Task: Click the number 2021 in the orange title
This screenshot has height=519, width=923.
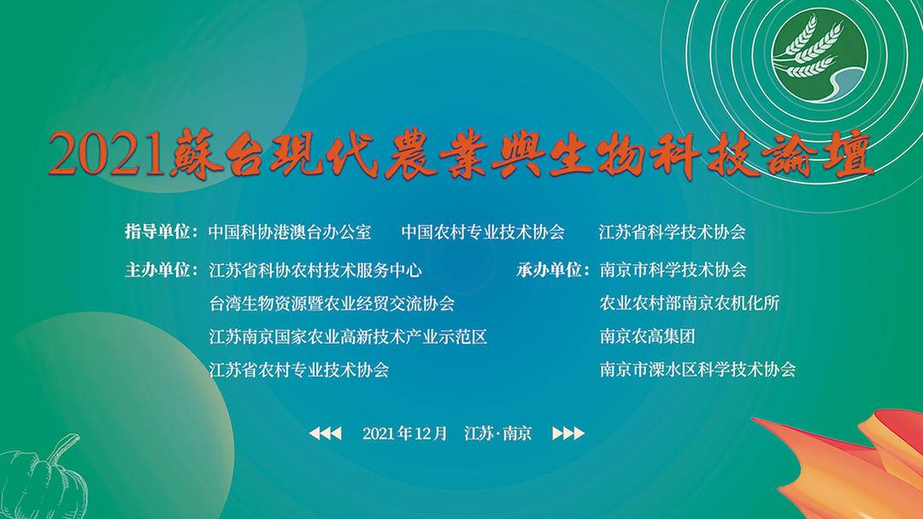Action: (x=106, y=154)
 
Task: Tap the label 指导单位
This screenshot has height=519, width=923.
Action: (x=157, y=232)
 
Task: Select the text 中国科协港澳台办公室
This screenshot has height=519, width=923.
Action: (x=290, y=232)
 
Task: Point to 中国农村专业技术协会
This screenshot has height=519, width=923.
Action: (x=483, y=232)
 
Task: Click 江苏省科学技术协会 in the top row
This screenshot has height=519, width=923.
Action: (x=673, y=232)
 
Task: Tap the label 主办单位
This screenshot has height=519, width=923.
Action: (x=157, y=270)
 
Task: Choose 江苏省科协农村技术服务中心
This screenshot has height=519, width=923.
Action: (x=315, y=270)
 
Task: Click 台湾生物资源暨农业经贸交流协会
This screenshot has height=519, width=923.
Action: (x=332, y=304)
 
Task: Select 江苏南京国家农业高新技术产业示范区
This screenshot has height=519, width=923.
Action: (x=348, y=337)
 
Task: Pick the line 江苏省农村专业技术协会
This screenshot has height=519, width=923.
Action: (x=299, y=370)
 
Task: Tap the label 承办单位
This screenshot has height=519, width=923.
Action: (x=550, y=270)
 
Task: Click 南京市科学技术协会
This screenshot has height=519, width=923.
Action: (x=673, y=270)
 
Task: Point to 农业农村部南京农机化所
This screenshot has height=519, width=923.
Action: (x=690, y=304)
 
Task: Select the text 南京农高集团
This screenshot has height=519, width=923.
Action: (x=648, y=336)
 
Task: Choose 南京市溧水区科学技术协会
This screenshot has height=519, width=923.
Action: (x=697, y=369)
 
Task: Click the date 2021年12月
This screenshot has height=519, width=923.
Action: (x=405, y=433)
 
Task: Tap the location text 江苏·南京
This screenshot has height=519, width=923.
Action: (x=498, y=433)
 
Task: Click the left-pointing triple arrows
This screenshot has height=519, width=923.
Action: (x=326, y=433)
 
